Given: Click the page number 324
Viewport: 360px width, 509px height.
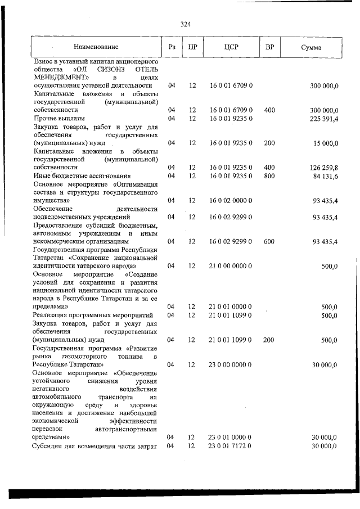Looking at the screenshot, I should coord(186,24).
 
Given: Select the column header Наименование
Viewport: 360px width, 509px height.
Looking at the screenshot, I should coord(95,47).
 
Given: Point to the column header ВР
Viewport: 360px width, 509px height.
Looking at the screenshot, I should coord(269,47).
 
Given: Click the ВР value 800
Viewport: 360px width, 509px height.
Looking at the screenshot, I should coord(269,176).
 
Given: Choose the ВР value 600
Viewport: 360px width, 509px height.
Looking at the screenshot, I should coord(269,241).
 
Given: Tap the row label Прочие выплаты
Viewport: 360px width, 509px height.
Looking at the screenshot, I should coord(59,119).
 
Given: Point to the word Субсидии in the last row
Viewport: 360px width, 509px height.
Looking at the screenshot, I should coord(49,446).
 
